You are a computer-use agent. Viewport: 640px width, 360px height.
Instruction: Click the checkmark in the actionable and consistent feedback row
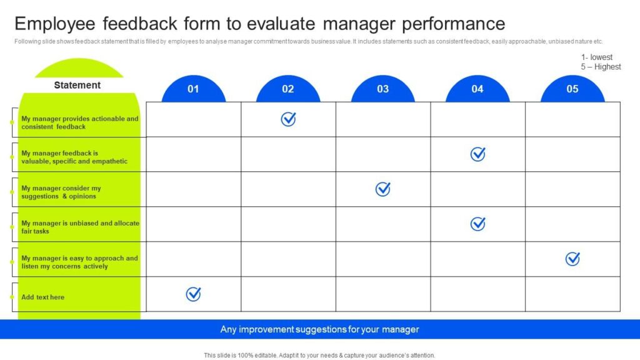pos(288,119)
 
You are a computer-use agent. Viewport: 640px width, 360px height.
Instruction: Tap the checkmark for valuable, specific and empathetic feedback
pos(477,154)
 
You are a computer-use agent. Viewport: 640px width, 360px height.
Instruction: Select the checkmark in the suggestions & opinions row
pos(382,189)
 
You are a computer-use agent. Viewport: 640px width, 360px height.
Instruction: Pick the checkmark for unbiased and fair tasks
pos(477,224)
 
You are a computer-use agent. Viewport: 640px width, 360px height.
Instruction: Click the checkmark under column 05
pos(572,259)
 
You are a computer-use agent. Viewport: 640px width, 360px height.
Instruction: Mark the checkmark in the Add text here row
pos(193,294)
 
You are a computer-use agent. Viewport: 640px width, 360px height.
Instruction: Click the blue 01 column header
pos(193,89)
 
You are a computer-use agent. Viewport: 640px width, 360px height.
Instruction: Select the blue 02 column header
pos(288,89)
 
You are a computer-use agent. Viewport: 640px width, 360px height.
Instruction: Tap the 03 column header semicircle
pos(382,89)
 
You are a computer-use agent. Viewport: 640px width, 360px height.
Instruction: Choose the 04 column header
pos(477,89)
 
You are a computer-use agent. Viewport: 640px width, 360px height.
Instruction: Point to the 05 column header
pos(572,89)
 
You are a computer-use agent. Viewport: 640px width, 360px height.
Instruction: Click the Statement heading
pos(77,85)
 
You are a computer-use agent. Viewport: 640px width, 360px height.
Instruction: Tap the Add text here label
pos(42,297)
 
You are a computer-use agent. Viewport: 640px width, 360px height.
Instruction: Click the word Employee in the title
pos(55,24)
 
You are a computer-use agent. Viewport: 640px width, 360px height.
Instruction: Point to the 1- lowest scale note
pos(597,57)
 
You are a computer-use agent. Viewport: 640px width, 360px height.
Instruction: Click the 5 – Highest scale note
pos(601,67)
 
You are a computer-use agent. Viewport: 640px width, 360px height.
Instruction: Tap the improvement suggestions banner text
pos(319,329)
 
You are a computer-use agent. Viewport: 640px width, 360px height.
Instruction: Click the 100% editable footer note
pos(319,355)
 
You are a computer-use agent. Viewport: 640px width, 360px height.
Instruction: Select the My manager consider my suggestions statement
pos(61,192)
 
